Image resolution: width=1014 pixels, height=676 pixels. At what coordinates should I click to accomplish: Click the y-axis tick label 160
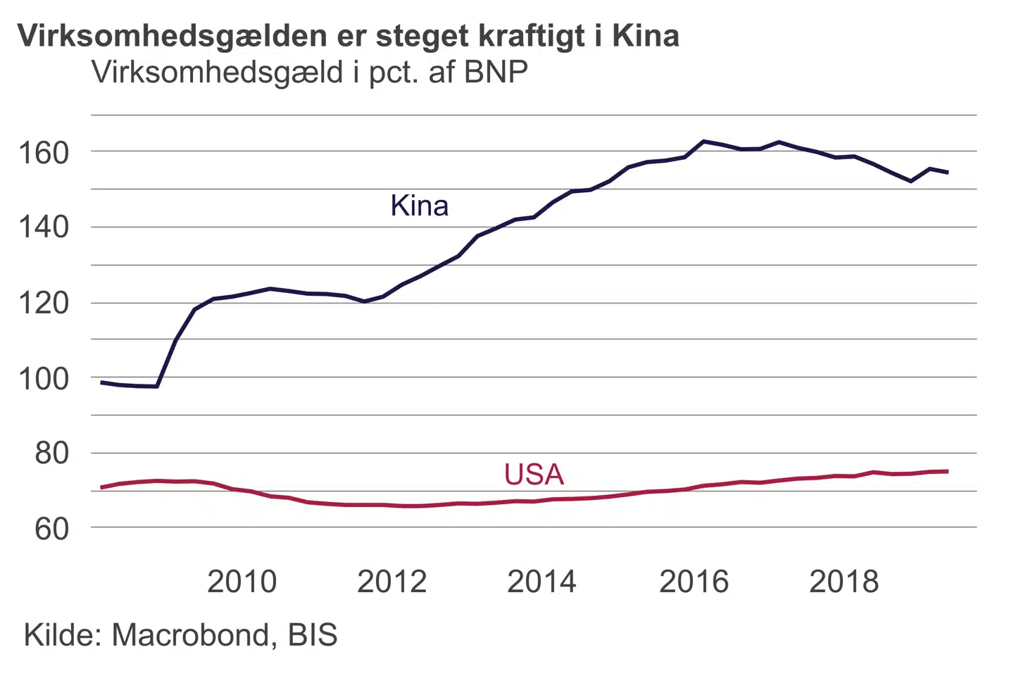(44, 153)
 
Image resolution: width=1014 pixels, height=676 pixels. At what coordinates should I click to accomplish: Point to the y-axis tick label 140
(44, 227)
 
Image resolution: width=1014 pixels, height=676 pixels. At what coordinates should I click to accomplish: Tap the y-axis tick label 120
(44, 303)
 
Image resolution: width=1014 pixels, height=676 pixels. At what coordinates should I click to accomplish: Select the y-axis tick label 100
(44, 379)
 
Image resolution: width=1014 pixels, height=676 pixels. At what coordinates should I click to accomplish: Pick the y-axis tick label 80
(52, 453)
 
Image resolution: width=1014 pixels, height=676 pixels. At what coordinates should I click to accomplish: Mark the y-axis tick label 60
(52, 529)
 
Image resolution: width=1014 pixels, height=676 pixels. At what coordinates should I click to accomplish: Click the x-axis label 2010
(242, 582)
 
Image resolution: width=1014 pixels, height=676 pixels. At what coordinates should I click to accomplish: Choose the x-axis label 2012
(392, 582)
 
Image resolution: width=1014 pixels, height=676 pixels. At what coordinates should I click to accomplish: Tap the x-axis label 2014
(542, 582)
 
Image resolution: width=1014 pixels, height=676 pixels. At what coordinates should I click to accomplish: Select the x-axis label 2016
(694, 582)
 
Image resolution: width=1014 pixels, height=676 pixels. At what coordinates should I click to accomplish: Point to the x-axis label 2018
(844, 582)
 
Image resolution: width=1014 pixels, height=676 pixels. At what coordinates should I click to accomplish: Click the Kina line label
(419, 206)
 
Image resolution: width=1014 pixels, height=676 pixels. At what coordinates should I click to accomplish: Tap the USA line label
(534, 475)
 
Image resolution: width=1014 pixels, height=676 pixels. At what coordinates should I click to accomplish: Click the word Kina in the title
(645, 35)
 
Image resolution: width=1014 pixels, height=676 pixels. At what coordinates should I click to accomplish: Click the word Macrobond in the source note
(191, 635)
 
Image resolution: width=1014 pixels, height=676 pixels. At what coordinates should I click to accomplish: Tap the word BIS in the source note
(313, 635)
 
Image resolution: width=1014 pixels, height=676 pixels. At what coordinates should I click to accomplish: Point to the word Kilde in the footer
(64, 635)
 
